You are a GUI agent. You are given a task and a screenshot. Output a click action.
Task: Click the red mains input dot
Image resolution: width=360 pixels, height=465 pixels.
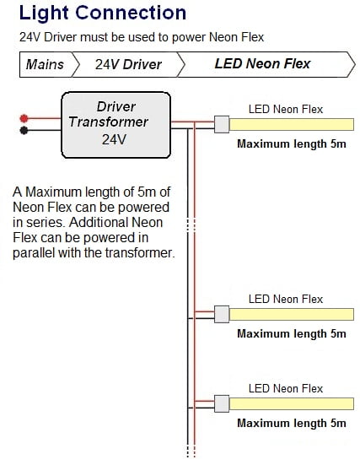click(24, 118)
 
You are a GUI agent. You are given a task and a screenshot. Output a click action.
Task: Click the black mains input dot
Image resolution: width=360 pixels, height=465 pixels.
click(24, 130)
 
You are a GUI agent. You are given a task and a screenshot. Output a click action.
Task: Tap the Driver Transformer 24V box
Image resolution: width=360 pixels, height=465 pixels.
click(116, 125)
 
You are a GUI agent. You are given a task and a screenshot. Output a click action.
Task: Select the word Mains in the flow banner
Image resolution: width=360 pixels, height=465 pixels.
click(45, 64)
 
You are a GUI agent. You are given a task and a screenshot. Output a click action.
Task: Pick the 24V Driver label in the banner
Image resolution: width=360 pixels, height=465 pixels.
click(128, 64)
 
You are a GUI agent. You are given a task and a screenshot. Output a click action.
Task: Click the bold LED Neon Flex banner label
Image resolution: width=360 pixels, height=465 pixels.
click(262, 63)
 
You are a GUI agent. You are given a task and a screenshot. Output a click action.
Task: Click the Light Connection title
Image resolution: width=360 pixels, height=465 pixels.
click(103, 13)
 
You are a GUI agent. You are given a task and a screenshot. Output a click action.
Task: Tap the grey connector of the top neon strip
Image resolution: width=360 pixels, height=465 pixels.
click(222, 124)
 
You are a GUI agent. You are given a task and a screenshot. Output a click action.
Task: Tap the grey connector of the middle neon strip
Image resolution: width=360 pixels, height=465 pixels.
click(222, 314)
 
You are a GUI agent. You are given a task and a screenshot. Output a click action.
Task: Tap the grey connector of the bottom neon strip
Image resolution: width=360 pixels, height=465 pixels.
click(222, 403)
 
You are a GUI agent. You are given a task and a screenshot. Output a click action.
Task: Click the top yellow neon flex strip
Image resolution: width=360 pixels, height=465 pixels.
click(292, 125)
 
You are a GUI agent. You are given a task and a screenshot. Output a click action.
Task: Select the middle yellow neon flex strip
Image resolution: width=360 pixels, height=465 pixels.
click(292, 314)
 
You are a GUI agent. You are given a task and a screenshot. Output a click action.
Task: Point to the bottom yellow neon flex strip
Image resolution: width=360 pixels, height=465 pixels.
click(292, 404)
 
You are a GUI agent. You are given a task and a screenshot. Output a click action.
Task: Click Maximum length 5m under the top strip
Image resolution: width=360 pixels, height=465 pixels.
click(292, 143)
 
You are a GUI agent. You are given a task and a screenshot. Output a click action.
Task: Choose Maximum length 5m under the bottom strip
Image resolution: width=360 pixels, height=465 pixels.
click(292, 423)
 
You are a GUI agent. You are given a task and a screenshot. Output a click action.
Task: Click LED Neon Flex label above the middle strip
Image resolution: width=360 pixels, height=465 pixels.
click(286, 299)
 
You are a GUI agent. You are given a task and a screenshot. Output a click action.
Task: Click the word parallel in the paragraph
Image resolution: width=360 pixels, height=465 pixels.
click(34, 253)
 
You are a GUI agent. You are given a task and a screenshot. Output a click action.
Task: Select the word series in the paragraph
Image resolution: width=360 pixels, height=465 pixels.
click(46, 223)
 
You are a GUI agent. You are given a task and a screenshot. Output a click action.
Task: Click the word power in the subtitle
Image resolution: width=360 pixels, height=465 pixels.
click(189, 38)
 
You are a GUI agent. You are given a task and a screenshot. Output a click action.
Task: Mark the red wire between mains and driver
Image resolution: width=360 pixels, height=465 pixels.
click(45, 118)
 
